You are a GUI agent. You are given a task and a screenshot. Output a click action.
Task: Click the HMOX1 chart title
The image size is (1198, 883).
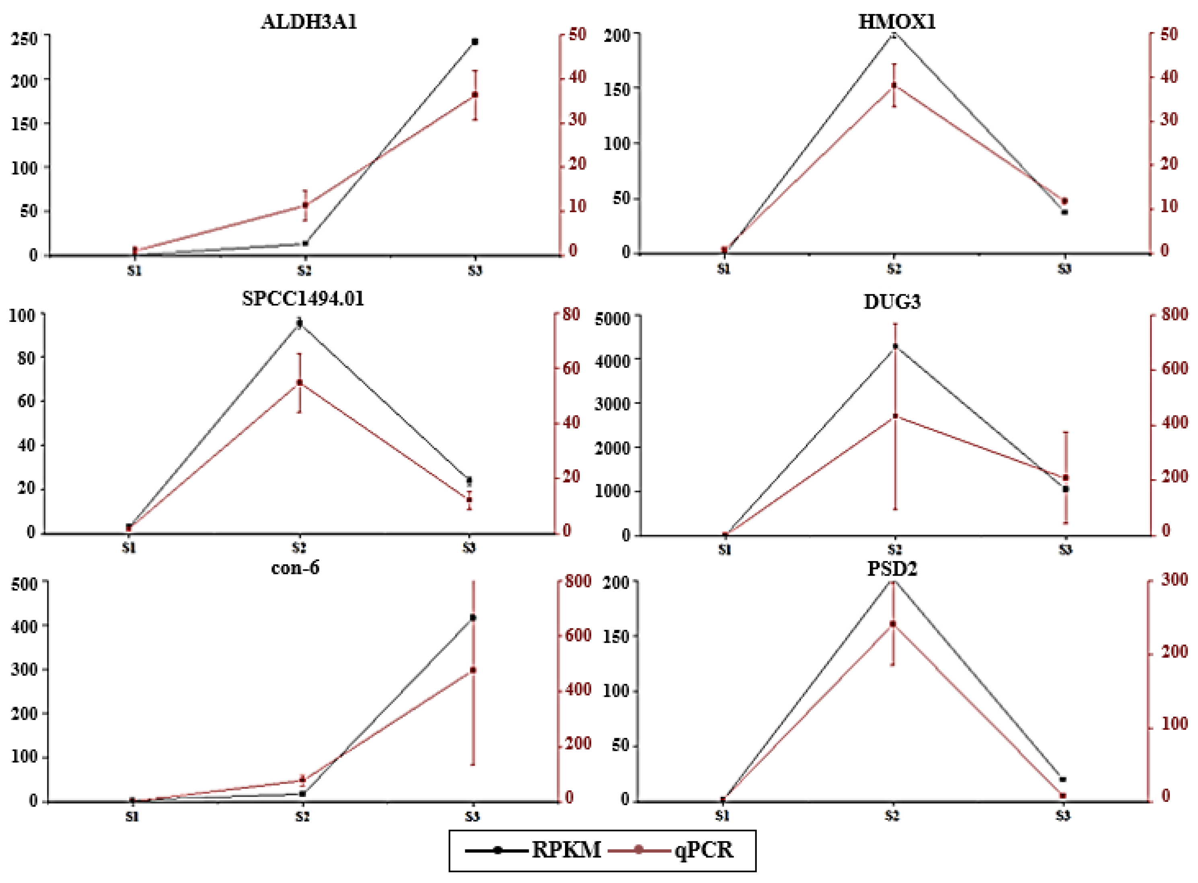tap(897, 22)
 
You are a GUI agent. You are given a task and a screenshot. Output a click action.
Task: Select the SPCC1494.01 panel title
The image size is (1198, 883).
tap(303, 298)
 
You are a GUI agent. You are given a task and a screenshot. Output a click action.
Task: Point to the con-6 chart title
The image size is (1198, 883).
tap(295, 567)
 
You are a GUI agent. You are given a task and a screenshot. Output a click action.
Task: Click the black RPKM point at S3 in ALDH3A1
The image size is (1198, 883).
tap(475, 42)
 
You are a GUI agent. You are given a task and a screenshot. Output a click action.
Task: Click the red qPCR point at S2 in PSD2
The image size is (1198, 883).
tap(893, 624)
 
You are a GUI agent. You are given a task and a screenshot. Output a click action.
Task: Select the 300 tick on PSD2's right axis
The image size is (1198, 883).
tap(1174, 580)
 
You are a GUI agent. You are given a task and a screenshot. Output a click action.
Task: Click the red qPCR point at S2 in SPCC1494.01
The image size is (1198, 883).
tap(300, 383)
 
